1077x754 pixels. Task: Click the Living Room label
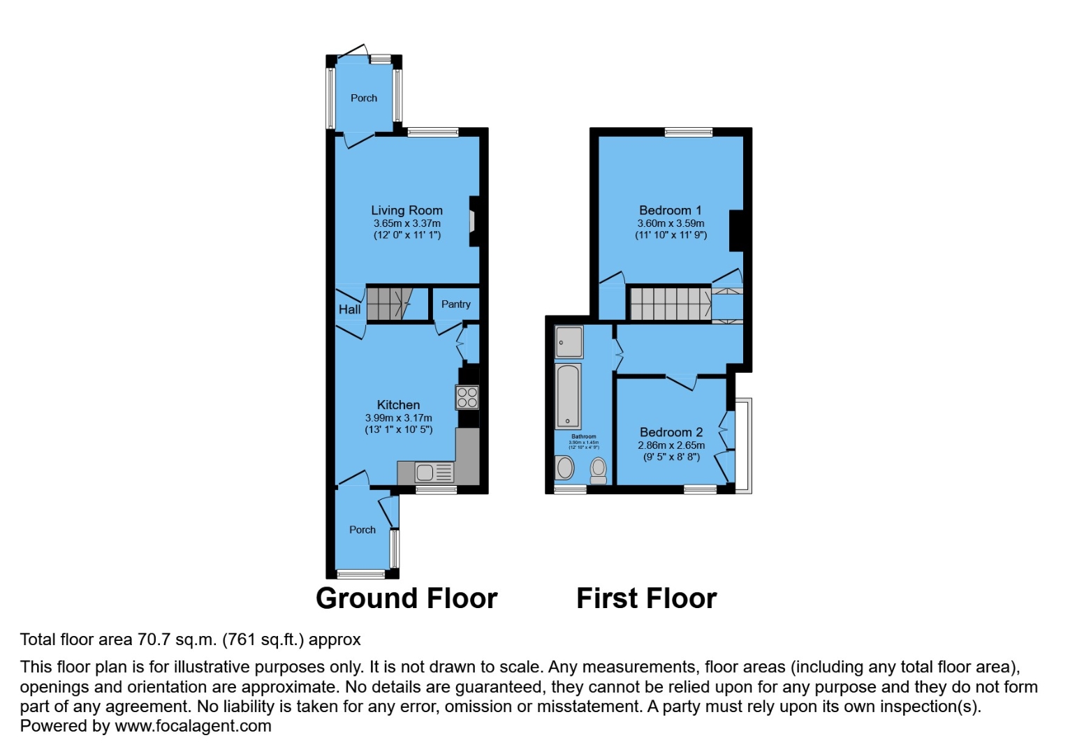406,210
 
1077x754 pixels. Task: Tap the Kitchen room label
398,405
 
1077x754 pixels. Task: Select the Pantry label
455,304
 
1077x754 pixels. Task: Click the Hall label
349,309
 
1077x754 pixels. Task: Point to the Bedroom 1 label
671,210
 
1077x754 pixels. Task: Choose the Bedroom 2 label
671,432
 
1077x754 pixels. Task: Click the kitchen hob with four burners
467,397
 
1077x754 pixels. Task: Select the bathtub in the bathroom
568,396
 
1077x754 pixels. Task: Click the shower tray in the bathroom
569,342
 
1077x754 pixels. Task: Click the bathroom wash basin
564,468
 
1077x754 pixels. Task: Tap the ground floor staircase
388,304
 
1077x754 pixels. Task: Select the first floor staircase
671,304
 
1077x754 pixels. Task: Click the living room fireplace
473,221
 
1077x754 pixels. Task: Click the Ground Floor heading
406,598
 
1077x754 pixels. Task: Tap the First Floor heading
646,598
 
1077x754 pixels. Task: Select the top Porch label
363,98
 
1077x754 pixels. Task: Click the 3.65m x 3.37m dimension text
406,223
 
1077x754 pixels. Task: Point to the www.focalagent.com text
193,726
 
